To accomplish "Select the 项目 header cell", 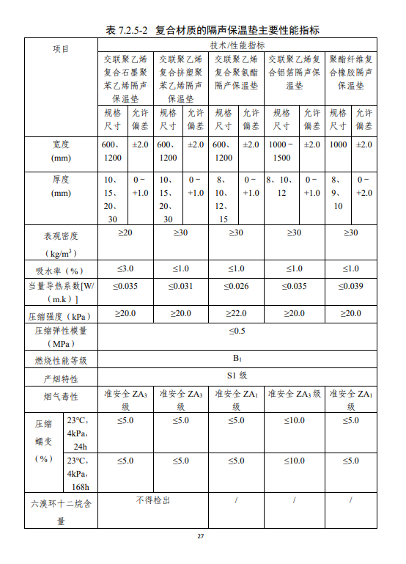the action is [61, 48].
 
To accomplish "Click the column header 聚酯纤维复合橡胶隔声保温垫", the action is [350, 73].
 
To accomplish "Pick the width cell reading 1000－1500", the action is [281, 151].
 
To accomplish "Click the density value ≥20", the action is [125, 232].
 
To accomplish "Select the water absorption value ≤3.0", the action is [125, 268].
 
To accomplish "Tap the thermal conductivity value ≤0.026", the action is [236, 286].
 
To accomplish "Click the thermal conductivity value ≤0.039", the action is [350, 286].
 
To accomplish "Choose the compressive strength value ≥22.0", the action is [236, 313].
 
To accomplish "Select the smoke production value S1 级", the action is [237, 376].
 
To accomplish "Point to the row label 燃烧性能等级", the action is [61, 360].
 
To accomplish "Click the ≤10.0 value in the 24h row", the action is [294, 420].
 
